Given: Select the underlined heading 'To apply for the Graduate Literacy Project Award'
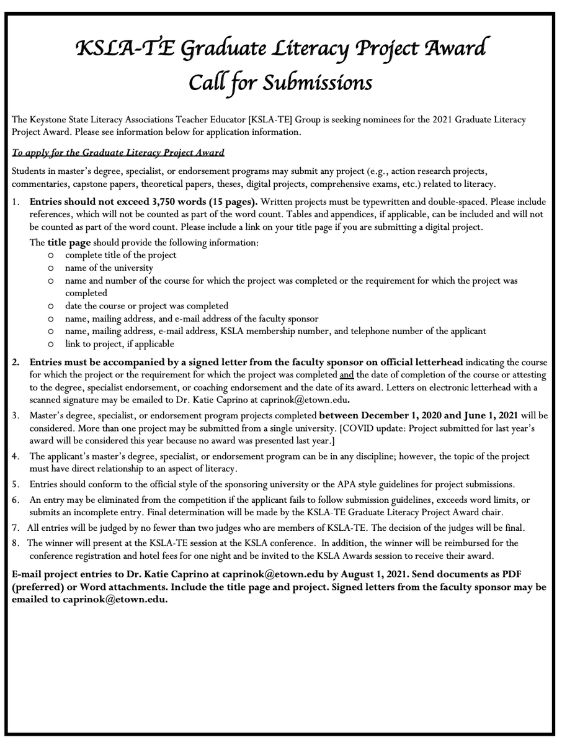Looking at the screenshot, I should click(x=118, y=153).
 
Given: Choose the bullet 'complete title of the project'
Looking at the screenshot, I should click(x=120, y=255).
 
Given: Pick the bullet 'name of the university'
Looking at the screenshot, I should click(x=109, y=268).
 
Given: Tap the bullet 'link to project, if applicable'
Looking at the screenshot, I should click(x=119, y=343).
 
